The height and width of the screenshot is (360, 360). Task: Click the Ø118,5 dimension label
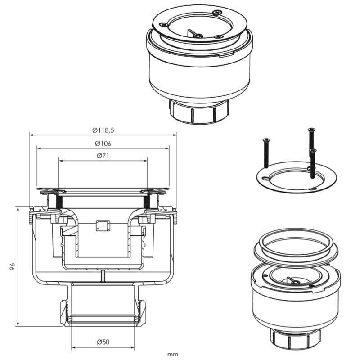pyautogui.click(x=103, y=130)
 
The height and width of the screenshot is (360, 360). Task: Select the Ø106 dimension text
pyautogui.click(x=103, y=144)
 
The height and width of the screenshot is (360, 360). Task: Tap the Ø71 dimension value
pyautogui.click(x=103, y=156)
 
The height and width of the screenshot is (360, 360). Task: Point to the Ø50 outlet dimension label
pyautogui.click(x=103, y=342)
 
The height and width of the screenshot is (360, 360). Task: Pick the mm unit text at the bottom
pyautogui.click(x=173, y=354)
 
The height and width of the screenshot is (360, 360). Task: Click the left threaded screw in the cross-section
pyautogui.click(x=58, y=202)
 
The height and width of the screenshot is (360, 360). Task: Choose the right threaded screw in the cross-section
pyautogui.click(x=147, y=202)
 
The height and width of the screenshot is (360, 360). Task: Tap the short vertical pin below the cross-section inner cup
pyautogui.click(x=103, y=276)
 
